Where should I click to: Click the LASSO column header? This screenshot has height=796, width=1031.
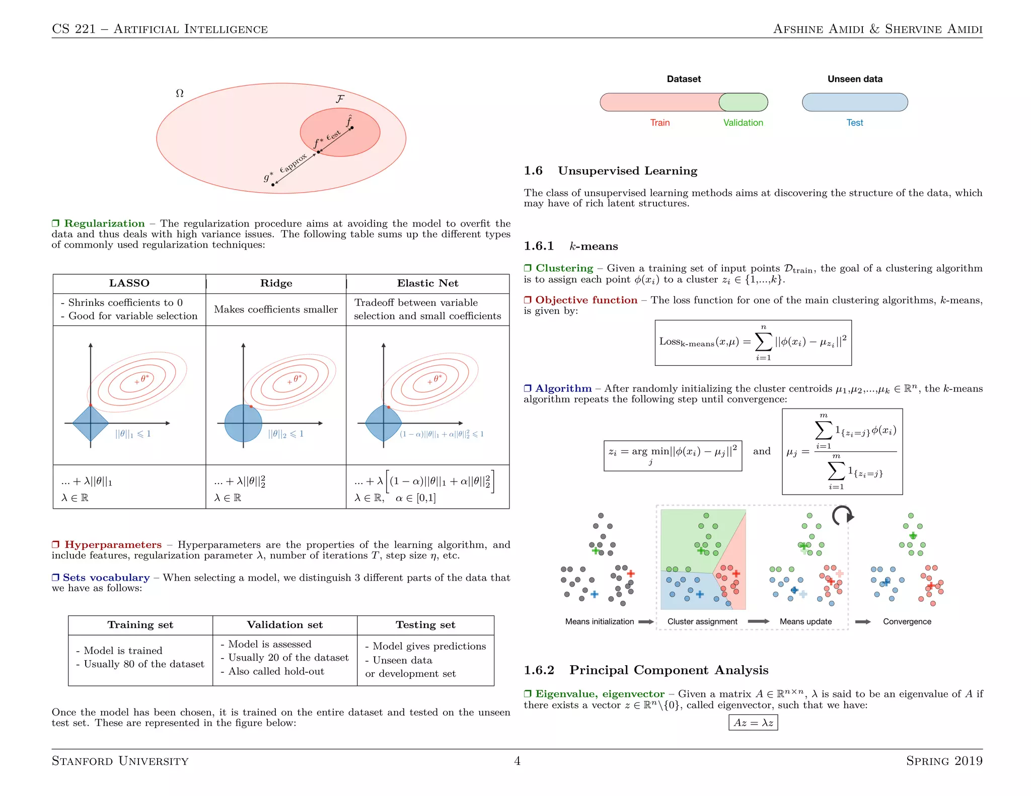129,283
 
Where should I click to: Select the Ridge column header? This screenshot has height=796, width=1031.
276,283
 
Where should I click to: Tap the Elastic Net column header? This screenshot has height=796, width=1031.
427,283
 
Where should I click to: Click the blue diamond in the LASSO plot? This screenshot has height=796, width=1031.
91,424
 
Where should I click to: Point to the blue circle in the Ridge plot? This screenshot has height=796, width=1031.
243,424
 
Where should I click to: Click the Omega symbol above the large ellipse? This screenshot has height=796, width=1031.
180,94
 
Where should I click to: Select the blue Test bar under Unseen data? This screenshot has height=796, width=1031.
855,102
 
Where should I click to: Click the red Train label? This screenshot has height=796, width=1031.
659,123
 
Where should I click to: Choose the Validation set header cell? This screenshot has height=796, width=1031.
285,625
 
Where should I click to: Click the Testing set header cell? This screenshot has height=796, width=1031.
425,625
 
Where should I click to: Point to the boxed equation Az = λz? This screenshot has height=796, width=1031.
753,723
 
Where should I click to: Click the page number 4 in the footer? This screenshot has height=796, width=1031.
517,761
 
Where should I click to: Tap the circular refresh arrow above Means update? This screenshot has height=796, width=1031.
843,516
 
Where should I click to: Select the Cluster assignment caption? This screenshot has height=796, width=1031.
702,621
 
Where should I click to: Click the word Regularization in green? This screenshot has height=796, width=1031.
104,223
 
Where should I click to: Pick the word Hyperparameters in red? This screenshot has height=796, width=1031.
113,545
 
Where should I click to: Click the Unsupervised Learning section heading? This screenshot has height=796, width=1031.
627,171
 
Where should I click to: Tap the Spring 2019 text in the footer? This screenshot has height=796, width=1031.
944,761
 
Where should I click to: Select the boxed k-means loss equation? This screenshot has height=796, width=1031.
753,343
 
